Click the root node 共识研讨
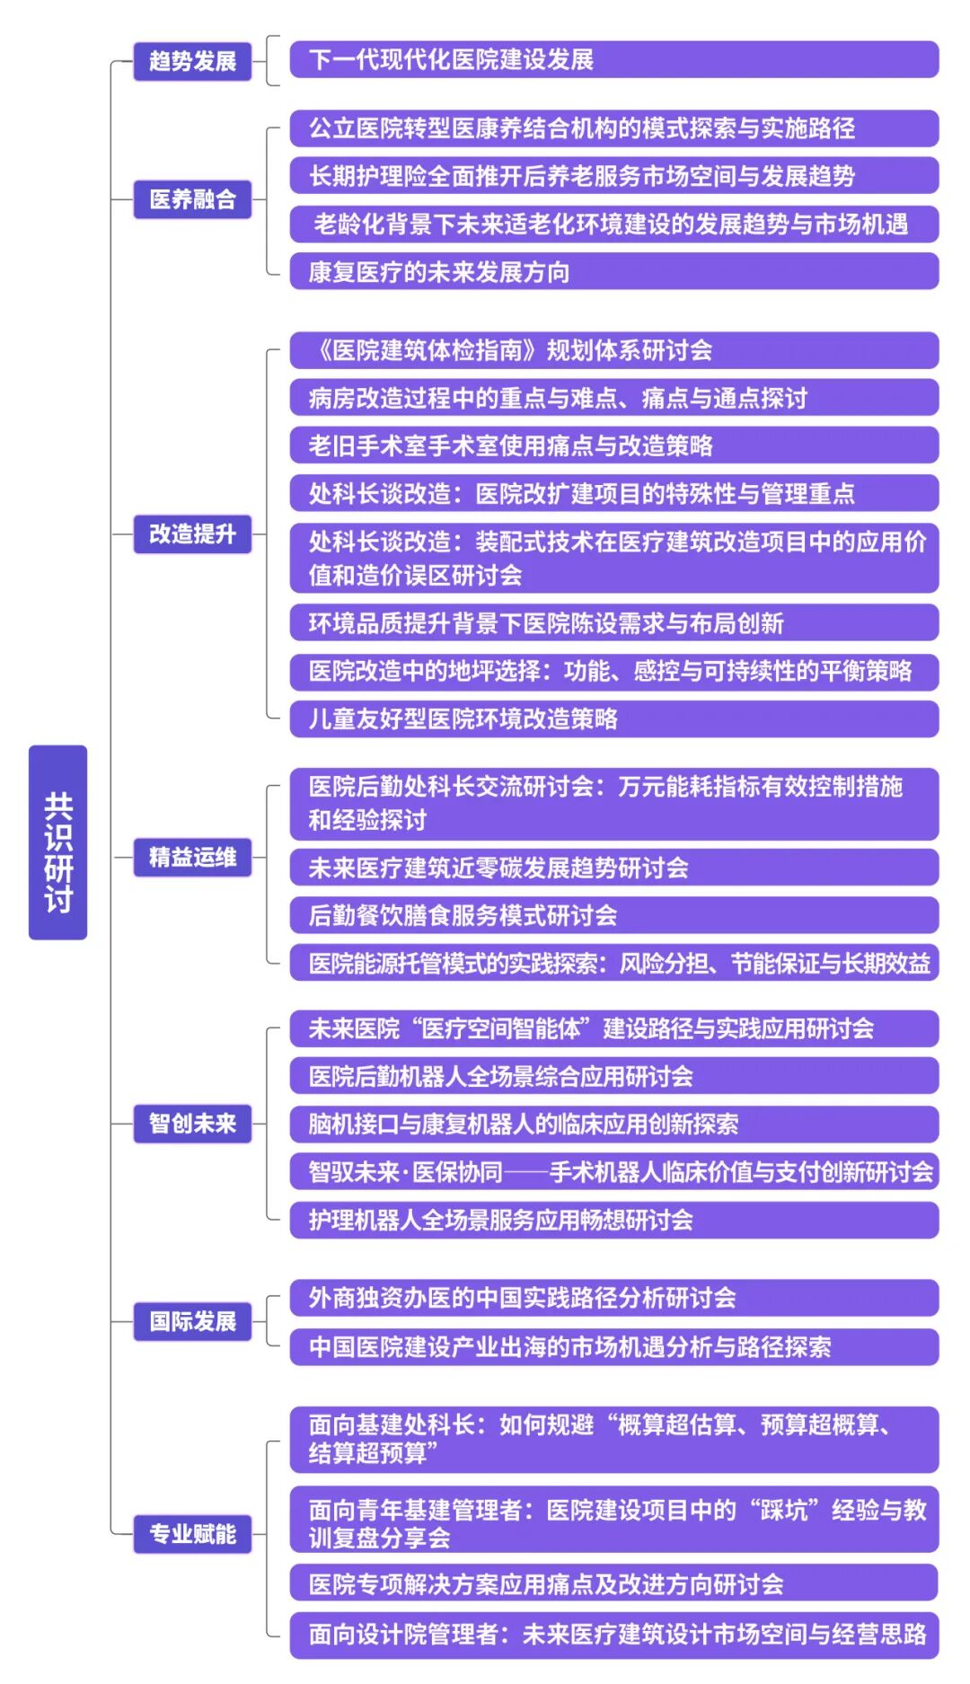tap(57, 842)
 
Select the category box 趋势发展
tap(192, 61)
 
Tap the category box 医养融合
tap(192, 198)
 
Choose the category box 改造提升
tap(192, 533)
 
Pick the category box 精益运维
tap(192, 857)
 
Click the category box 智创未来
tap(192, 1124)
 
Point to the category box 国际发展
tap(192, 1321)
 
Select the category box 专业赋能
tap(192, 1533)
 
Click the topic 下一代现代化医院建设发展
tap(613, 60)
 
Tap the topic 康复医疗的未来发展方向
tap(613, 271)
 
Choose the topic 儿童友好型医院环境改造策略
tap(613, 719)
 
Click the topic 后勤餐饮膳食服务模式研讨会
tap(613, 915)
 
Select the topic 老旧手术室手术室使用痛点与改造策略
tap(613, 445)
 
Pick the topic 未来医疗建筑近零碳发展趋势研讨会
tap(613, 868)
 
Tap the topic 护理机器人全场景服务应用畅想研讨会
tap(613, 1220)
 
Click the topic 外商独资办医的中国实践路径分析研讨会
tap(613, 1298)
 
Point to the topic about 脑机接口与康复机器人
tap(613, 1124)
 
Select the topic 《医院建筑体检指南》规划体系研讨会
tap(613, 350)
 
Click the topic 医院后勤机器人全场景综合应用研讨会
tap(613, 1076)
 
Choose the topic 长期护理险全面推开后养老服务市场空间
tap(613, 176)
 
